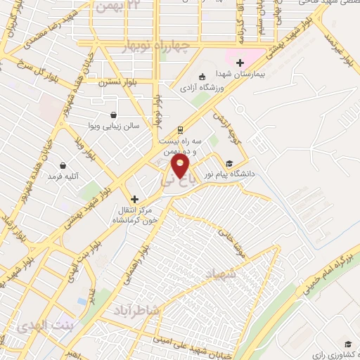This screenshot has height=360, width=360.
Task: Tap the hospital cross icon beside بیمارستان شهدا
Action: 240,63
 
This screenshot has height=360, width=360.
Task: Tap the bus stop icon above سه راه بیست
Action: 181,129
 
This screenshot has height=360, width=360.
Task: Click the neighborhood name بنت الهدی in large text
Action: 32,324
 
